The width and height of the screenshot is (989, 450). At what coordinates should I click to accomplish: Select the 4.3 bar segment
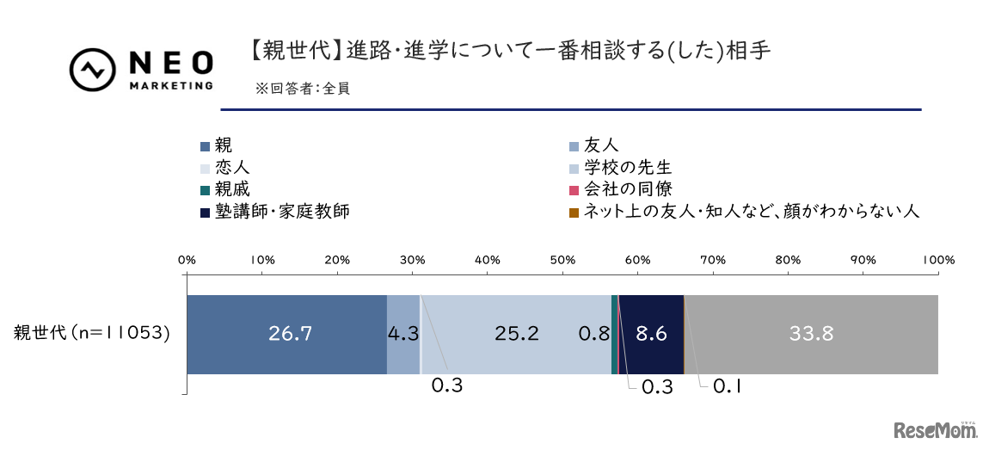[402, 334]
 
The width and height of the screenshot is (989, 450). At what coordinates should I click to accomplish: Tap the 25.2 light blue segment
[516, 334]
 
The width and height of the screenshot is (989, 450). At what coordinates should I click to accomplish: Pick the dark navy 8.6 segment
[650, 334]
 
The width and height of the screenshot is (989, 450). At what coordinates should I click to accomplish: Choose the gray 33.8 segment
[810, 334]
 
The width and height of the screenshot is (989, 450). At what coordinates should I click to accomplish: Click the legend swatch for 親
[205, 146]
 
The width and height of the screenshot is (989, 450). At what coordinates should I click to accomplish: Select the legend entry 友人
[601, 145]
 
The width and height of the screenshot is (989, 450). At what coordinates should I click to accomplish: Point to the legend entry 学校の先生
[628, 167]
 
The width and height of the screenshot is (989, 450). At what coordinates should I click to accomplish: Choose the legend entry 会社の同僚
[628, 188]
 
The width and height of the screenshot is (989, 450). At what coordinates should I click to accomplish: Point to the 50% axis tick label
[562, 259]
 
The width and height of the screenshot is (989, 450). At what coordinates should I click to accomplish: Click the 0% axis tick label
[187, 259]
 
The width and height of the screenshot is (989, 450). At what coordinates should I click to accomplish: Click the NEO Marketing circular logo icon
[93, 69]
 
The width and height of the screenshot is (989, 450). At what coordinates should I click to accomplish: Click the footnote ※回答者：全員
[302, 88]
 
